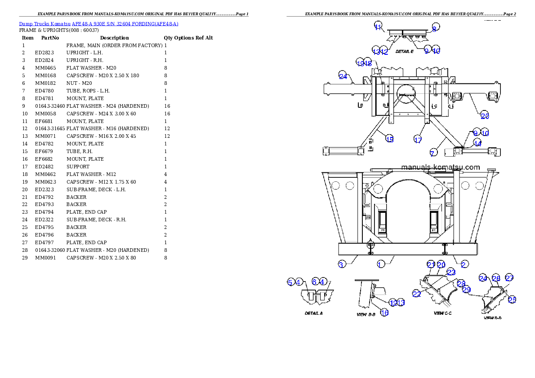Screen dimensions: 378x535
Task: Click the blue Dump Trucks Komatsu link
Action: point(98,24)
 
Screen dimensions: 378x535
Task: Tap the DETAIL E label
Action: point(404,52)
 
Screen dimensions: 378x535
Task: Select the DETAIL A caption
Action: point(313,313)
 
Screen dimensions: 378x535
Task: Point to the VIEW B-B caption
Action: point(366,314)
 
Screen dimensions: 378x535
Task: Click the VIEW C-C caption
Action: point(442,313)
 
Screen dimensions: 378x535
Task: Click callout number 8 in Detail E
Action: point(434,28)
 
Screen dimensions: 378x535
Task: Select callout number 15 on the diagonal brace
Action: point(389,139)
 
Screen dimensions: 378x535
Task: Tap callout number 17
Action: point(418,140)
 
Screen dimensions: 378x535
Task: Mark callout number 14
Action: point(477,143)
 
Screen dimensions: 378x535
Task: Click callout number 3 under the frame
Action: point(341,264)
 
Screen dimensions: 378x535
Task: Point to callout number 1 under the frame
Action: point(380,264)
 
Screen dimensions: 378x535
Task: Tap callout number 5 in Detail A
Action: point(290,282)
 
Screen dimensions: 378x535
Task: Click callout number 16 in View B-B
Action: point(384,312)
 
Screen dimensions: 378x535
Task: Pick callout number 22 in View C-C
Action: point(417,294)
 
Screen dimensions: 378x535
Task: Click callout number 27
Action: point(509,277)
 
